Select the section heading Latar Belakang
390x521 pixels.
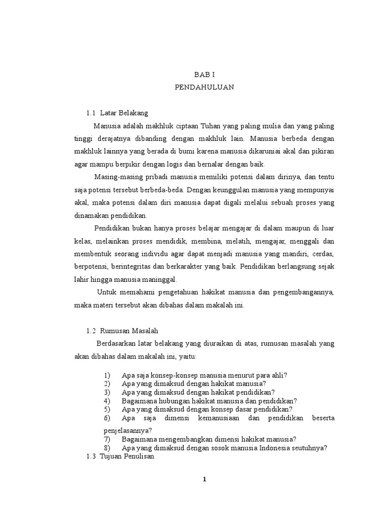coord(124,113)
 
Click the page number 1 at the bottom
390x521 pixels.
coord(204,479)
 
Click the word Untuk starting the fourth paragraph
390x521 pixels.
coord(107,293)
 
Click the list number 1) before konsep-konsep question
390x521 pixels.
coord(107,375)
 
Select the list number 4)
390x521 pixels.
coord(107,401)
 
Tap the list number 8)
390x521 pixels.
coord(107,448)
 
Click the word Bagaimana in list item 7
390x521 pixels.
coord(139,439)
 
